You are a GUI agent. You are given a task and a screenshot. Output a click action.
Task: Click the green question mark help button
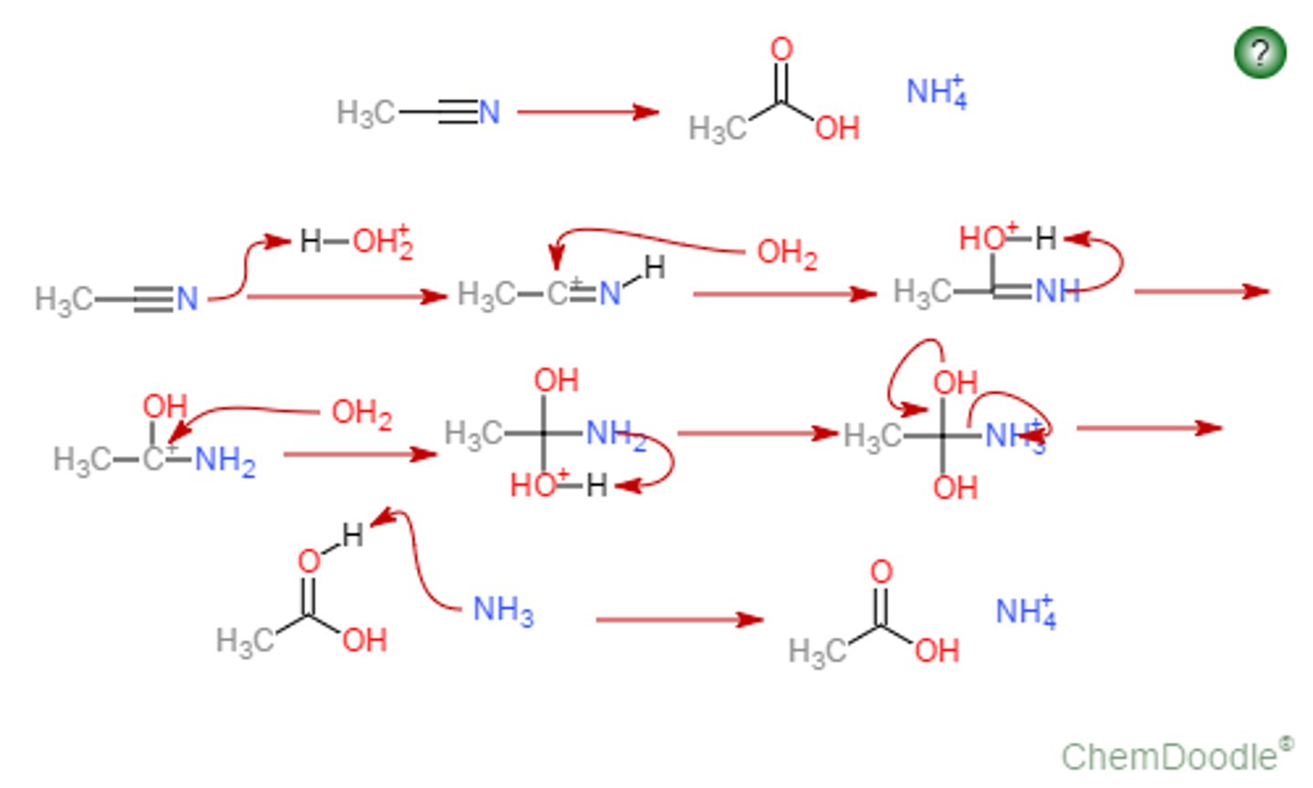[1260, 53]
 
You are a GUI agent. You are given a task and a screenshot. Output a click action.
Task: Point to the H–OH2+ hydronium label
[357, 242]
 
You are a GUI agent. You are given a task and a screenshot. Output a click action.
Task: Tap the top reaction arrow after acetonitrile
[588, 112]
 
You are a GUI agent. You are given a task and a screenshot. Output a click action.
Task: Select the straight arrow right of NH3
[679, 620]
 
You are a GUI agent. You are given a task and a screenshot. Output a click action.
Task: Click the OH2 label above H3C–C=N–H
[787, 253]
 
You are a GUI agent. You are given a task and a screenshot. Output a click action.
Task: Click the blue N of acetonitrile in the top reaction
[490, 112]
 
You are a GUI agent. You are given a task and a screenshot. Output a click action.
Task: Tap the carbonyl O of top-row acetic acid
[781, 49]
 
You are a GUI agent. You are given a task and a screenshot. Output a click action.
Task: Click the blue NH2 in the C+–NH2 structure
[224, 460]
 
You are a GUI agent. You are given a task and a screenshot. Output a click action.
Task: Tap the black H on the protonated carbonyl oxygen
[353, 534]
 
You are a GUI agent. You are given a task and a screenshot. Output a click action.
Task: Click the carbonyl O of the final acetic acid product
[881, 572]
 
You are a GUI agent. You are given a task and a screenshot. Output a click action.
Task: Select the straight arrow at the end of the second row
[1202, 292]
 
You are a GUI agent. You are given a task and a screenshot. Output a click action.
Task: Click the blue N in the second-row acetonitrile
[187, 299]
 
